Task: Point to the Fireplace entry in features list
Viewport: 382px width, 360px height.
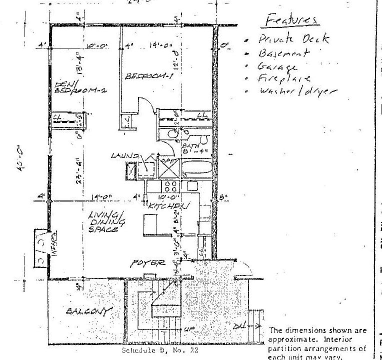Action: click(x=283, y=78)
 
